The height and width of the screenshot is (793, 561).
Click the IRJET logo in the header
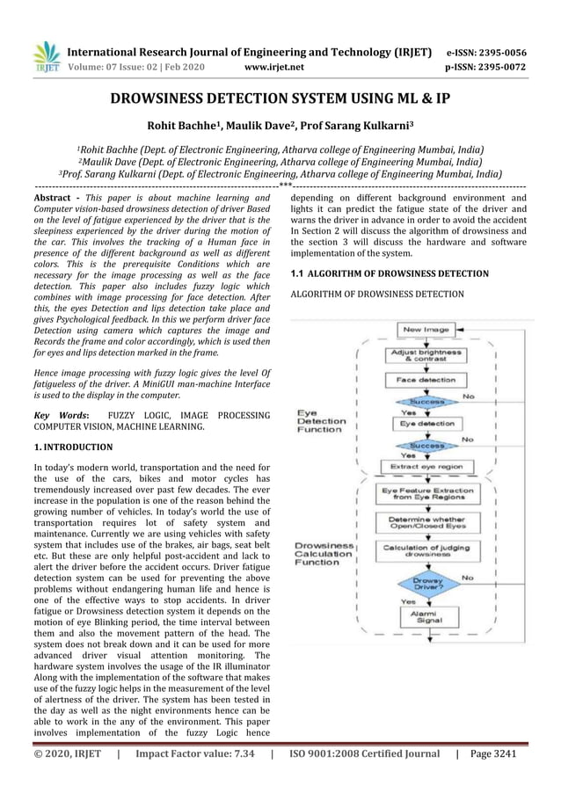(x=46, y=57)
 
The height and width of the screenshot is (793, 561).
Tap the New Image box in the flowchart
(x=426, y=330)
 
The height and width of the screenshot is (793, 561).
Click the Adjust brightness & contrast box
(x=426, y=355)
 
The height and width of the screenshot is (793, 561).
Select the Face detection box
(x=426, y=381)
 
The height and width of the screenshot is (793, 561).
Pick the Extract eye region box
(x=426, y=466)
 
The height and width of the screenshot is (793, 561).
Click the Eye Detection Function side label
(x=320, y=421)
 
